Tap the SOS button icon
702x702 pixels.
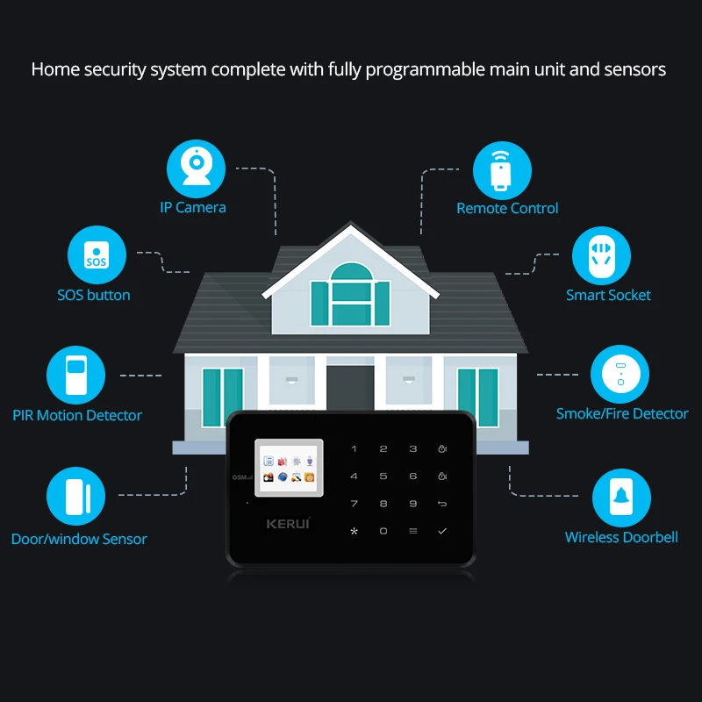[x=97, y=255]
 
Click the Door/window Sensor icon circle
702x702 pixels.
[x=75, y=498]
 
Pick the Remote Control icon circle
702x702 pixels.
[x=502, y=171]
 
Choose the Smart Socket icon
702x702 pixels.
[x=602, y=257]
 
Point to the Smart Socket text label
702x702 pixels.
[x=608, y=295]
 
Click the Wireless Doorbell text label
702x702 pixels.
[x=621, y=537]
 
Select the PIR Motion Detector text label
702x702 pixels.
[x=77, y=415]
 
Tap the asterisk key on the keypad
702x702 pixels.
[x=354, y=531]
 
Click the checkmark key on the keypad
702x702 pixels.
[x=442, y=531]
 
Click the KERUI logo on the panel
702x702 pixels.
[x=289, y=523]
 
